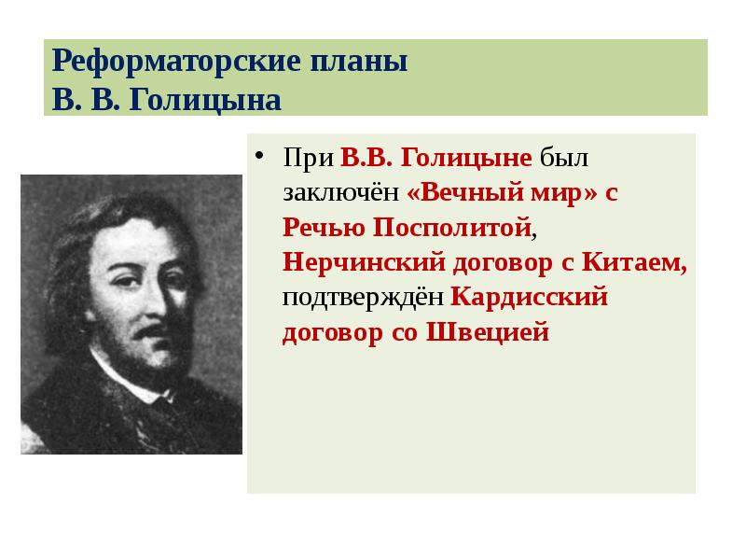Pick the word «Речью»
325,227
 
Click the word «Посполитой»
454,227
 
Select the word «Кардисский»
529,298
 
